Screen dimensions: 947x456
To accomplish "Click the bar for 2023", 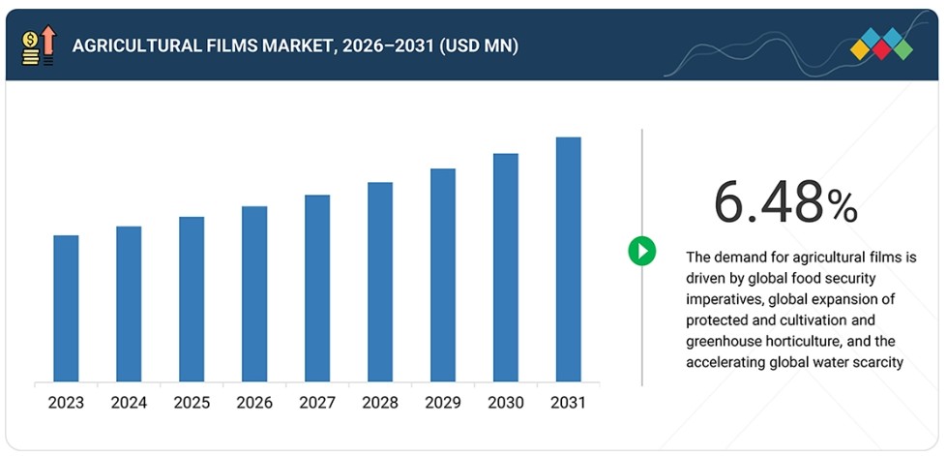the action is [x=66, y=309].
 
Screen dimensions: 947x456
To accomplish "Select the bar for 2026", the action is [x=254, y=294].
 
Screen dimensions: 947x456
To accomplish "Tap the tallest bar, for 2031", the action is [x=569, y=259].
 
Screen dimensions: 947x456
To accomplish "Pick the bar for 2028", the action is [x=380, y=282].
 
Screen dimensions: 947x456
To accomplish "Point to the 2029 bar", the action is [x=443, y=275].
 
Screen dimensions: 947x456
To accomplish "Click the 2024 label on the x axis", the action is [x=129, y=403].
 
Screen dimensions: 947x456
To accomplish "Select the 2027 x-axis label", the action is [x=317, y=403].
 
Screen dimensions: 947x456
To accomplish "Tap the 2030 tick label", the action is [x=506, y=403].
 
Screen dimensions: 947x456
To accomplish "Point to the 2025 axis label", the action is [x=192, y=403].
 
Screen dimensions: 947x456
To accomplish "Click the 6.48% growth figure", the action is [x=785, y=203].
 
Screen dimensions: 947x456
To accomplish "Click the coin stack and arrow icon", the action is [x=38, y=46].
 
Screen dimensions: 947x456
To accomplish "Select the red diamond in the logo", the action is [x=881, y=49].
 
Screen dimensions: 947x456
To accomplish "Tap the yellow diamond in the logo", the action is [x=860, y=49].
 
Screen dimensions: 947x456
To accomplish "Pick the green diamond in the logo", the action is [x=903, y=49].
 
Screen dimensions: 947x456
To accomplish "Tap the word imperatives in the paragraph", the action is [x=723, y=300].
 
